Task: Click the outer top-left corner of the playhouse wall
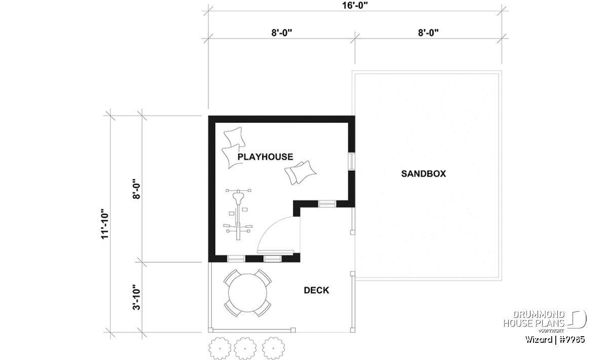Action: coord(208,116)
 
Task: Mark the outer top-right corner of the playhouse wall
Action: coord(355,116)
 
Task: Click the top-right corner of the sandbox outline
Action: coord(502,71)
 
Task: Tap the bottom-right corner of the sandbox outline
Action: coord(502,281)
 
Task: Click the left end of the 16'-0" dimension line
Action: coord(208,11)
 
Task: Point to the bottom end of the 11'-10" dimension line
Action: coord(110,332)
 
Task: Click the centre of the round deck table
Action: coord(248,293)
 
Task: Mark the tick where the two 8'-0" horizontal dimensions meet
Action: coord(355,38)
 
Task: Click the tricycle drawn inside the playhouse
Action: coord(238,215)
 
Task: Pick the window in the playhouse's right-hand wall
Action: coord(352,162)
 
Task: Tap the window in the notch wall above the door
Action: coord(327,204)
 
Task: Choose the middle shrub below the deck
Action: coord(245,348)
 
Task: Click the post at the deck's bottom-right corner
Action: coord(353,330)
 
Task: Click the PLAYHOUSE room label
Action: coord(265,157)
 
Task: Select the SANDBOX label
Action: coord(424,174)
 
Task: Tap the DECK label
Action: coord(317,290)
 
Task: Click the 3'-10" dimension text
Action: coord(136,297)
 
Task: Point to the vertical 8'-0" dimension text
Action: coord(136,189)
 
